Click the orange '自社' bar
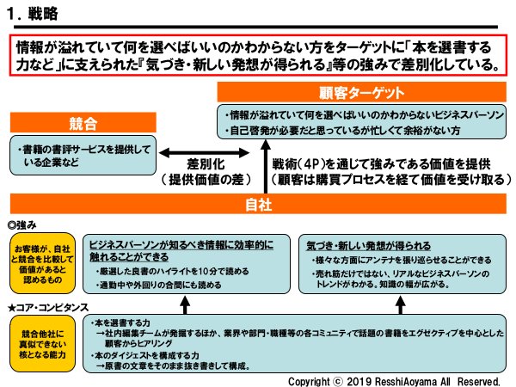tap(258, 205)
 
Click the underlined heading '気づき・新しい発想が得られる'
tap(367, 243)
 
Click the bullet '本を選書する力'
tap(121, 322)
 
